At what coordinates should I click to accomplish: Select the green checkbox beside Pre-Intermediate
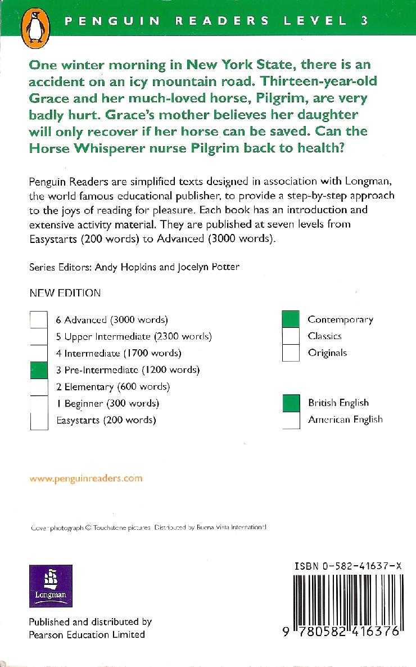coord(39,370)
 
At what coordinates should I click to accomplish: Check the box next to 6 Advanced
coord(39,319)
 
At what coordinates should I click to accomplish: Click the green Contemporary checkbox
coord(291,319)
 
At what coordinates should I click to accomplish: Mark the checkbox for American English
coord(291,420)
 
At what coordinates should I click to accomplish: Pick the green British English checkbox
coord(291,403)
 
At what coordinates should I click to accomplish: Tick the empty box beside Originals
coord(291,353)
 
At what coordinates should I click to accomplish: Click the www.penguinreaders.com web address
coord(86,479)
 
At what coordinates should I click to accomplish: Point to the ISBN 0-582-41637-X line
coord(347,568)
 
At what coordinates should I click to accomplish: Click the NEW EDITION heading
coord(65,293)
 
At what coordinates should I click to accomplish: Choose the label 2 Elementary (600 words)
coord(112,387)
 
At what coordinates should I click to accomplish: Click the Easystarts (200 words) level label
coord(106,420)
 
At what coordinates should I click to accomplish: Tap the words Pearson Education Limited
coord(87,634)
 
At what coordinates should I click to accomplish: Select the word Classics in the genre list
coord(324,336)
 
